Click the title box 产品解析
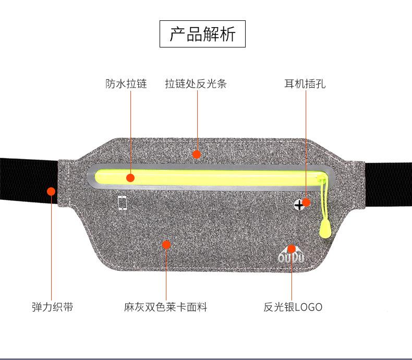tap(202, 34)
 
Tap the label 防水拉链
tap(126, 83)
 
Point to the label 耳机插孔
tap(305, 83)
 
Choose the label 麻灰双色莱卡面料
tap(166, 307)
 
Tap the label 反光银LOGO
tap(293, 307)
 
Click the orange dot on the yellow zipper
tap(130, 177)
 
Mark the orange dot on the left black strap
tap(51, 191)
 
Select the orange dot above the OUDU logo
tap(292, 248)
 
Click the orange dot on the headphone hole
tap(306, 202)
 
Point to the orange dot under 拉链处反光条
tap(196, 154)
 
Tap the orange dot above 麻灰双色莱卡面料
tap(166, 244)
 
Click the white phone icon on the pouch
tap(123, 203)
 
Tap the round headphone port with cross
tap(299, 205)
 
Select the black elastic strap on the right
tap(389, 185)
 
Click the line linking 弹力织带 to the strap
tap(52, 245)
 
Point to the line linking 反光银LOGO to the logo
tap(292, 277)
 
